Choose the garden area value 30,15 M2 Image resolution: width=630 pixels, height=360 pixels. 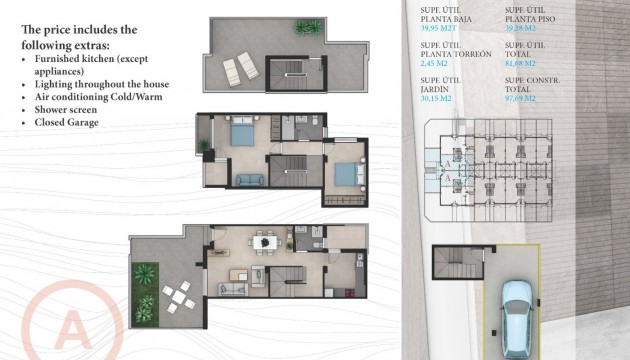coord(439,98)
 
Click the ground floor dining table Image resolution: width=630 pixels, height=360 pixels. coord(263,241)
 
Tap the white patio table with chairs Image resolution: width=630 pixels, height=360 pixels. coord(177,294)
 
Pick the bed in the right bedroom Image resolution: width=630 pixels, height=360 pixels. coord(344,172)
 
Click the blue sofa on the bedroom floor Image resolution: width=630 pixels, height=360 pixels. coord(248,181)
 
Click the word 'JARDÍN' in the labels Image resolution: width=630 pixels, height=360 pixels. coord(435,88)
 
